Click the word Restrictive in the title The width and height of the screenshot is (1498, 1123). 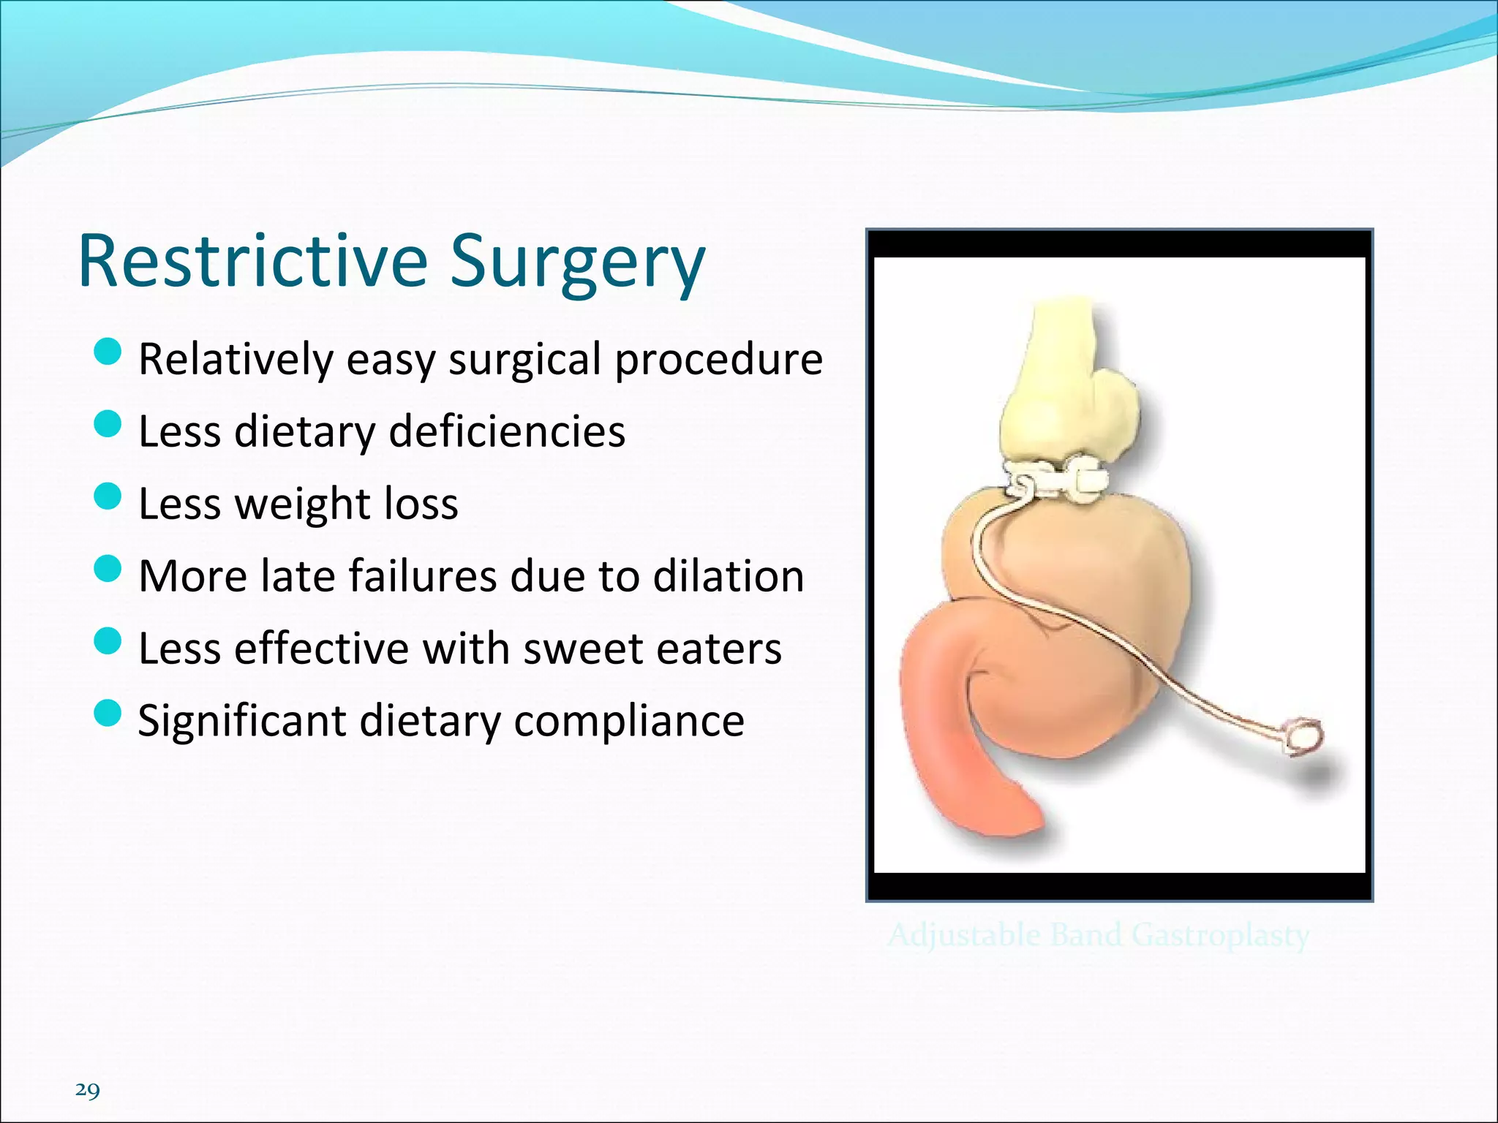coord(252,262)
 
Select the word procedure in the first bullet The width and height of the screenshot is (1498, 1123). coord(718,360)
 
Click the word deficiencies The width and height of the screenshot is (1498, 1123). coord(507,431)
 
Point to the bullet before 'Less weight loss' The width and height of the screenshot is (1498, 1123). coord(108,496)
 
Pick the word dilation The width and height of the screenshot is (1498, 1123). coord(729,575)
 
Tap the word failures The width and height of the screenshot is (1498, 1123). coord(423,575)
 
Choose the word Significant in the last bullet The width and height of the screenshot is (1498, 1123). coord(241,721)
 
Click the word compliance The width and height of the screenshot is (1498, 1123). coord(629,721)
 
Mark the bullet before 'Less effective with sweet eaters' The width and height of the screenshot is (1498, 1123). coord(108,640)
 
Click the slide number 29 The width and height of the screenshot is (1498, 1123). coord(87,1090)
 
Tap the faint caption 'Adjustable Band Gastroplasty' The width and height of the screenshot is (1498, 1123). coord(1098,935)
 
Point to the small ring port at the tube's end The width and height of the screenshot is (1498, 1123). coord(1304,736)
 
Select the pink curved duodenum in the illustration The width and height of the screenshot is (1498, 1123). coord(951,738)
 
